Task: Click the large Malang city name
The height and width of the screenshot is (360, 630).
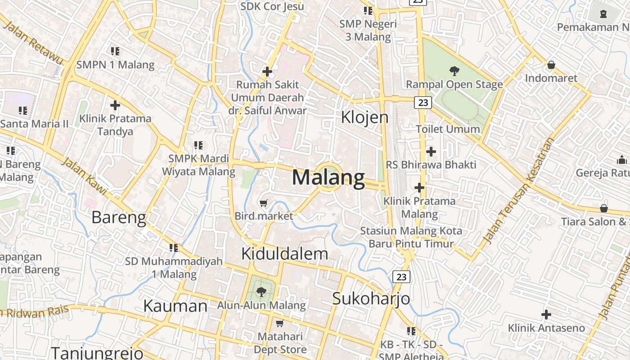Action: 328,177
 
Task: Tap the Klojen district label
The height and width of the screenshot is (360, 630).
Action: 364,117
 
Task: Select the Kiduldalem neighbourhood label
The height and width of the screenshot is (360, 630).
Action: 284,254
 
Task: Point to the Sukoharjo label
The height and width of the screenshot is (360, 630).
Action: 371,298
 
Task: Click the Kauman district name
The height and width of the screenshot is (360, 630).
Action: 175,306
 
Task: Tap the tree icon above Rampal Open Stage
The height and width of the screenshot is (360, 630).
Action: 454,71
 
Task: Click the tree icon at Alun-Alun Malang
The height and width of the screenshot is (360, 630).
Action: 261,292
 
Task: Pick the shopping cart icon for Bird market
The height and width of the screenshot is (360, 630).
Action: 264,203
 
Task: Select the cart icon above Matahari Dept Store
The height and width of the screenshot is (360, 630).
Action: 279,324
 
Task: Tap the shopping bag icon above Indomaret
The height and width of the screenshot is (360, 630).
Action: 551,65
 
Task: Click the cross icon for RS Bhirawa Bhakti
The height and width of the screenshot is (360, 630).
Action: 431,152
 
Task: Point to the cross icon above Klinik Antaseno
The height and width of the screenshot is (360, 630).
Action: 546,315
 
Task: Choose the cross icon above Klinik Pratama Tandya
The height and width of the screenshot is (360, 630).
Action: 115,105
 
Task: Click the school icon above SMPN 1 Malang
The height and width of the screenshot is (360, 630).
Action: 115,51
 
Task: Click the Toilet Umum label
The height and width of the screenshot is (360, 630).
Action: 448,129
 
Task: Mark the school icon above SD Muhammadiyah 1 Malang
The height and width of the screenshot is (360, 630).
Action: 174,247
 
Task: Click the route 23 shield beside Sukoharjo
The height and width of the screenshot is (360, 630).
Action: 401,277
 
